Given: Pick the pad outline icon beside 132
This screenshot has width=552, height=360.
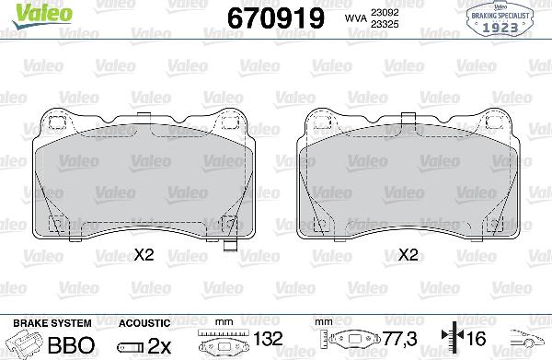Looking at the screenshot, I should [230, 344].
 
